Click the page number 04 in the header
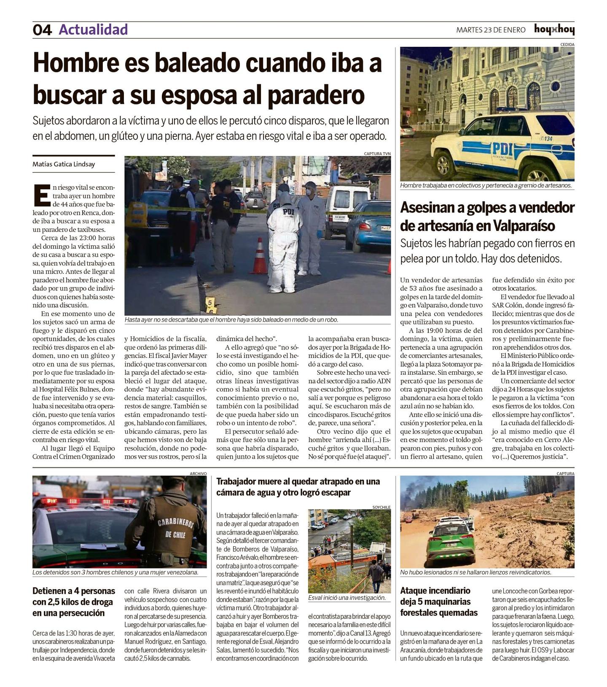pos(42,30)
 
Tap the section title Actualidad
pos(93,30)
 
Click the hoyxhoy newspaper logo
pos(554,30)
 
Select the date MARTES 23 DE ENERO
pos(491,30)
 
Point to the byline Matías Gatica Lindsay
pos(64,164)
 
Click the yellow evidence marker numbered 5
pos(209,302)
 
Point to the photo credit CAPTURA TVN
pos(377,154)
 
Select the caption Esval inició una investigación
pos(346,598)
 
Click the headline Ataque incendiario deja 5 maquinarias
pos(439,601)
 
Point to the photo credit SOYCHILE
pos(381,507)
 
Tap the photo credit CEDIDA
pos(567,44)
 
